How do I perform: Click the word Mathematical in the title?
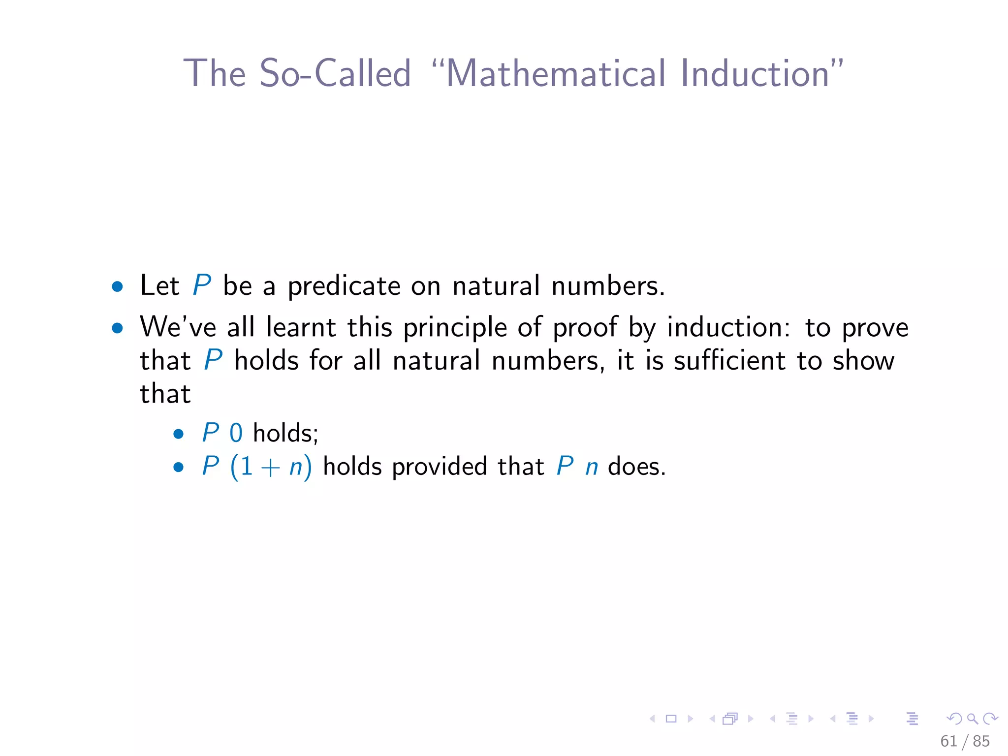pos(557,73)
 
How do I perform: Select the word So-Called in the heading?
pos(335,73)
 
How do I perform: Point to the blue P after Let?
pos(202,285)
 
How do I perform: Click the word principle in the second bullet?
pos(455,328)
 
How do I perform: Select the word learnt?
pos(301,327)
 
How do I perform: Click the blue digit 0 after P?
pos(236,434)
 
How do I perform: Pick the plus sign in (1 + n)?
pos(270,467)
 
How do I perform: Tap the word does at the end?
pos(636,467)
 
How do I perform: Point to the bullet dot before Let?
pos(117,287)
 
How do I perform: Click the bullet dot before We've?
pos(117,328)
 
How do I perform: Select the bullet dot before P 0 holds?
pos(178,434)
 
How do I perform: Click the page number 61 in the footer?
pos(948,741)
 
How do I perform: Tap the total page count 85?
pos(981,741)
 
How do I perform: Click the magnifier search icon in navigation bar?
pos(972,719)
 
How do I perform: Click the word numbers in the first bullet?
pos(608,286)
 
